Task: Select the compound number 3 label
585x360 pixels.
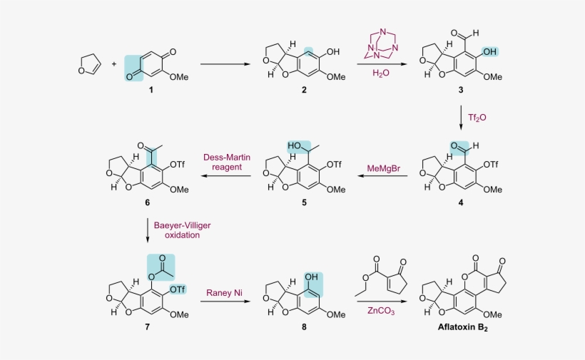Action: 462,91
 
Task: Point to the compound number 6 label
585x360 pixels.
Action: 147,203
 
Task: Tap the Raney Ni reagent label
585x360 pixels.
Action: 224,292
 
